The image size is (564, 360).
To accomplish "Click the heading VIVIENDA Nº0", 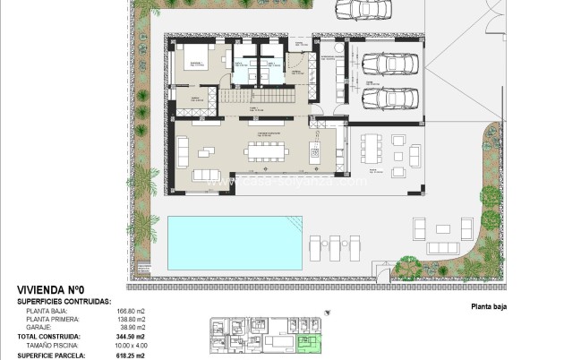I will [x=51, y=290].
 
